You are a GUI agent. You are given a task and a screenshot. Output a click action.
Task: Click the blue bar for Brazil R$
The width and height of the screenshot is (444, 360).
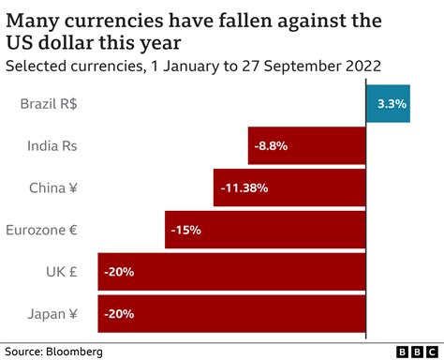coord(388,105)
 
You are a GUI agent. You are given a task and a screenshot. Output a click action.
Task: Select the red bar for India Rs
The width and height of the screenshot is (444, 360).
coord(307,146)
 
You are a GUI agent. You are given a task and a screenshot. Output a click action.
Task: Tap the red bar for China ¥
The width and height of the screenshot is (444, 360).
coord(289,187)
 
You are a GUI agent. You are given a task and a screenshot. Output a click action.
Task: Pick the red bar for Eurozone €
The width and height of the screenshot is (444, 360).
coord(265,229)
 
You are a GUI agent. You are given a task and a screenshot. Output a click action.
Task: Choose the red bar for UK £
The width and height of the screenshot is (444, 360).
coord(231,271)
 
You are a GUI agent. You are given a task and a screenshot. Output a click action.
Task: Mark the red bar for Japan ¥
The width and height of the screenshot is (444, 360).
coord(231,312)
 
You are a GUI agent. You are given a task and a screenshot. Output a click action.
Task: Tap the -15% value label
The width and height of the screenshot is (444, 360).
coord(185,229)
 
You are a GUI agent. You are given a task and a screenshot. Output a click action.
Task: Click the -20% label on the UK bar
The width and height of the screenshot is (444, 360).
coord(119,271)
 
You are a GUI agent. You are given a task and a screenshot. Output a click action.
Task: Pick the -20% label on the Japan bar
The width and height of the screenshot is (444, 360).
coord(119,312)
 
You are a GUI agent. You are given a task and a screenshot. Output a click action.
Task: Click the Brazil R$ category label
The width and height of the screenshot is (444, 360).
coord(48,105)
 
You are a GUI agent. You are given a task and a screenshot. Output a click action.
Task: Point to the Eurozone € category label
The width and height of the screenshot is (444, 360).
coord(41,229)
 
